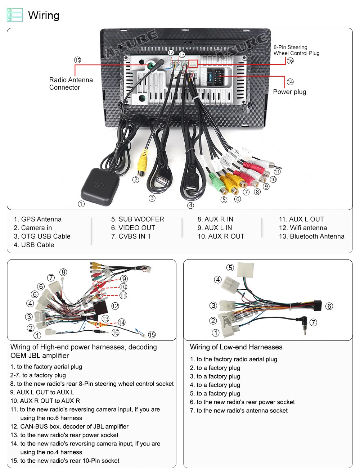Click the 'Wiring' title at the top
tap(44, 15)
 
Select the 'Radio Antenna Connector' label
tap(71, 83)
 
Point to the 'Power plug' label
tap(289, 92)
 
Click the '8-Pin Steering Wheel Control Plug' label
tap(296, 50)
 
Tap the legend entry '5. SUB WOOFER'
tap(138, 219)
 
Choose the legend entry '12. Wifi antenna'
tap(303, 228)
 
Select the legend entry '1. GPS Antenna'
tap(37, 219)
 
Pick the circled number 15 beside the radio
tap(77, 60)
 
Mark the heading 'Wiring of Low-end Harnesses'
tap(236, 347)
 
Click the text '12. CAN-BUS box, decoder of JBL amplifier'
tap(69, 426)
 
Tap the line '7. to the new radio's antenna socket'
tap(239, 411)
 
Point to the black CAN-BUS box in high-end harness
tap(100, 308)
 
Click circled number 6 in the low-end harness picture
tap(329, 306)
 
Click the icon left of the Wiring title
tap(15, 15)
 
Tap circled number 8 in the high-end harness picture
tap(63, 272)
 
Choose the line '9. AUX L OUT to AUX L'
tap(42, 392)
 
